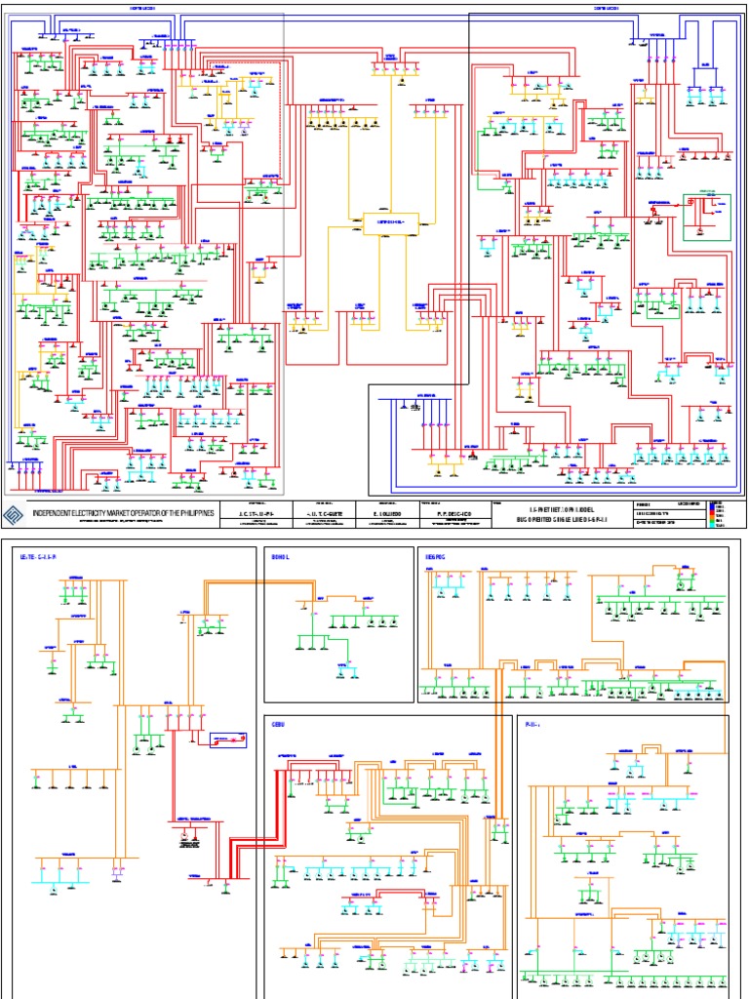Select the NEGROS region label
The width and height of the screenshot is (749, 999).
click(x=434, y=556)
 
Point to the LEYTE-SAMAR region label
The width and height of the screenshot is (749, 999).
click(x=40, y=556)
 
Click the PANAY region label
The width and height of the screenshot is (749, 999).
click(x=532, y=725)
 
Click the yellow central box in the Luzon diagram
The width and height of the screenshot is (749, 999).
click(x=389, y=222)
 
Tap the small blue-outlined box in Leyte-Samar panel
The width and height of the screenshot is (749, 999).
click(x=227, y=739)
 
